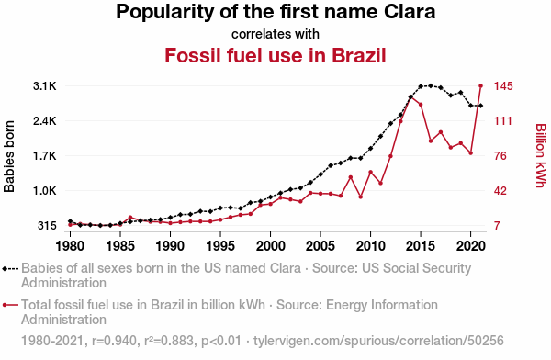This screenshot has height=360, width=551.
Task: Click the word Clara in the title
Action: (410, 12)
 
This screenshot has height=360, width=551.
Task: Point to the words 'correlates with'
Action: (275, 34)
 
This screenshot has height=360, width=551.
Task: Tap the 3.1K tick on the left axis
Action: (45, 86)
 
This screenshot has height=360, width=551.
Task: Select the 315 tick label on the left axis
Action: (47, 226)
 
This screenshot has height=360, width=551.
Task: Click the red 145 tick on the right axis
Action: (503, 86)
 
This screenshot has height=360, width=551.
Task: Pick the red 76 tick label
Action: (500, 156)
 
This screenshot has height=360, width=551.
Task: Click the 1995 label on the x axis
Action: (220, 246)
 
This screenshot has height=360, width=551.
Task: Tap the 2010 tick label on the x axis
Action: (370, 246)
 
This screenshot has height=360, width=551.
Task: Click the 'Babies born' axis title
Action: (9, 156)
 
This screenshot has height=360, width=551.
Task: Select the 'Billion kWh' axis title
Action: (541, 155)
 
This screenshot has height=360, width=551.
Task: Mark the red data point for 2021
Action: (480, 85)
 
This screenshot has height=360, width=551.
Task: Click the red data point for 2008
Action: (351, 177)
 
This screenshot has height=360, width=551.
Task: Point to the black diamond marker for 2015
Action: (421, 86)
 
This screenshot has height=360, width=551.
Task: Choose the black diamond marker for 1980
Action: (71, 221)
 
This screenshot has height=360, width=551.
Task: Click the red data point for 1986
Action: (130, 218)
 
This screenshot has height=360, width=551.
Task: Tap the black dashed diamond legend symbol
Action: (10, 269)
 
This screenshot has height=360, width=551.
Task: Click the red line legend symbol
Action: (10, 305)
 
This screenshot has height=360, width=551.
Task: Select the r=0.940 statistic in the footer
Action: (114, 341)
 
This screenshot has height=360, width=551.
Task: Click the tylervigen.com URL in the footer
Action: (378, 341)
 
